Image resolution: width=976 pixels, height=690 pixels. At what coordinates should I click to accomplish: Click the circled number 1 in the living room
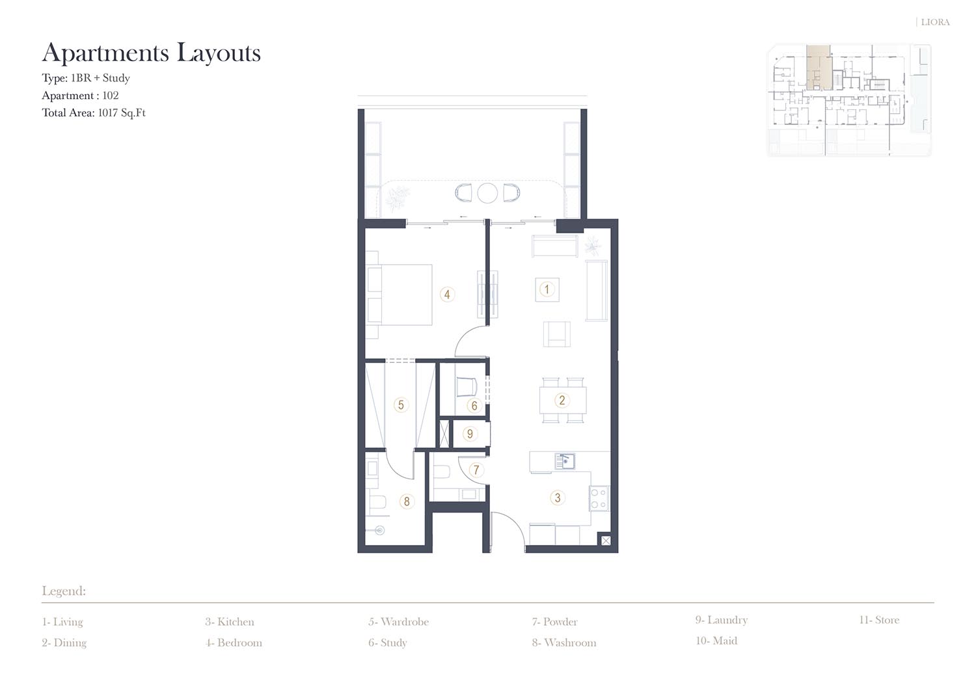(x=547, y=289)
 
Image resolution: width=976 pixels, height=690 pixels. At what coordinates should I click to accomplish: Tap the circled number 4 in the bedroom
(x=447, y=295)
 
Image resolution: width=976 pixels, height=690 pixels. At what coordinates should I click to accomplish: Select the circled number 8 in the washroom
(x=407, y=501)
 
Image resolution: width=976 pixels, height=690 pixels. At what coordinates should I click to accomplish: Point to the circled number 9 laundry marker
(x=470, y=434)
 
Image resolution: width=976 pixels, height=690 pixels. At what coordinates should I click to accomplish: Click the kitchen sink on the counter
(x=565, y=461)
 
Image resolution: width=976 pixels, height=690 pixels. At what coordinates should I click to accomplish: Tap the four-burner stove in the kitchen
(x=599, y=498)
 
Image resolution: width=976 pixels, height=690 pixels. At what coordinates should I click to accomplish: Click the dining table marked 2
(x=563, y=401)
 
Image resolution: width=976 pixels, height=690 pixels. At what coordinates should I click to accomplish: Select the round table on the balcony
(x=487, y=193)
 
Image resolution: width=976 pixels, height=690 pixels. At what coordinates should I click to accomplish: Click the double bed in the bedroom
(x=400, y=295)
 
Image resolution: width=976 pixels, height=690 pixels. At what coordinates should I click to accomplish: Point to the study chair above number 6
(x=467, y=387)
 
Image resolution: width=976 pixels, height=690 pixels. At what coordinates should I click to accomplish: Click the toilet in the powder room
(x=442, y=472)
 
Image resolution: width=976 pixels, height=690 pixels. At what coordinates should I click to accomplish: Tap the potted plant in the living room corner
(x=592, y=246)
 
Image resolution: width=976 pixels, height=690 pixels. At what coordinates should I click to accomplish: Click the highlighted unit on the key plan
(x=819, y=67)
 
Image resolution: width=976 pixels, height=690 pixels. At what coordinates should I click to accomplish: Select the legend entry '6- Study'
(x=388, y=643)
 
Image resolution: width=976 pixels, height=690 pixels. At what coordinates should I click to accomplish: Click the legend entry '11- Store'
(x=879, y=620)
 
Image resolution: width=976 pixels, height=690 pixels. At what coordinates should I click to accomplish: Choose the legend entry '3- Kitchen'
(x=230, y=622)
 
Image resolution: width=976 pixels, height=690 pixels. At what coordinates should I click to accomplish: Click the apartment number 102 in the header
(x=110, y=96)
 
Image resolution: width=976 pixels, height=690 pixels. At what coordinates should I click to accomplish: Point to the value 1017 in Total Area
(x=107, y=113)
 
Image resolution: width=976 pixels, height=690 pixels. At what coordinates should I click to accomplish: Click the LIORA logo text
(x=935, y=22)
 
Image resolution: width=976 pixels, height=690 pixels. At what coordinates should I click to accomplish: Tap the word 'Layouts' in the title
(x=219, y=53)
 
